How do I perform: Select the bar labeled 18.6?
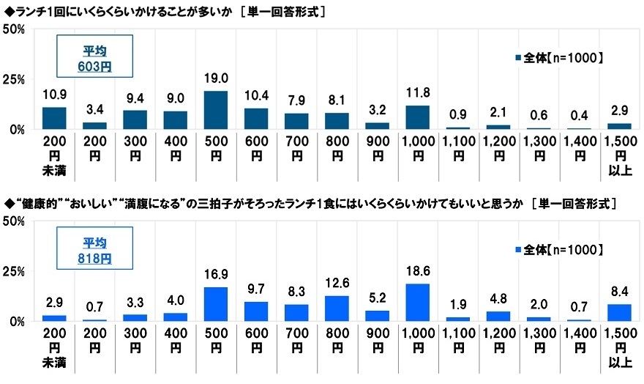[x=417, y=303]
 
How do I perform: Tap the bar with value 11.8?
[x=417, y=117]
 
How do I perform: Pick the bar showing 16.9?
[x=216, y=304]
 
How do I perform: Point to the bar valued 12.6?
[x=337, y=309]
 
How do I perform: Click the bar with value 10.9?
[x=54, y=118]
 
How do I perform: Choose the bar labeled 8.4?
[x=619, y=313]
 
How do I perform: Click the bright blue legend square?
[x=518, y=250]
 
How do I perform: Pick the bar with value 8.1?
[x=337, y=121]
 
